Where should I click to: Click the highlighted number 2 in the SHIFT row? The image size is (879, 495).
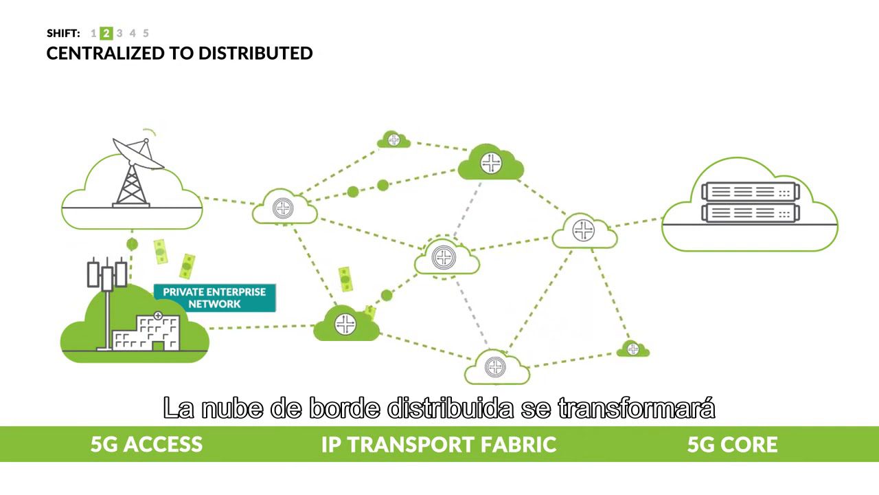[106, 33]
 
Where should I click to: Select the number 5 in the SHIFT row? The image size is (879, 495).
[146, 33]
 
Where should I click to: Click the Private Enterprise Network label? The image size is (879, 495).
[214, 298]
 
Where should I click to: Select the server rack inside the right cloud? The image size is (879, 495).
[750, 202]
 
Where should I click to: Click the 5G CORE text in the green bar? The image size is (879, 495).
[732, 444]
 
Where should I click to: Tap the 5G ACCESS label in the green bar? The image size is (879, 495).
[146, 444]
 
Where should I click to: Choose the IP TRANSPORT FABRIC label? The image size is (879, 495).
[438, 444]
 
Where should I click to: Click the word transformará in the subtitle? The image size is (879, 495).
[637, 408]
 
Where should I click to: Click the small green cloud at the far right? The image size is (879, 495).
[632, 350]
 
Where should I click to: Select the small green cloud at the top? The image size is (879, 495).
[393, 140]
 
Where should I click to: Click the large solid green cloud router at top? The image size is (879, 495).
[490, 163]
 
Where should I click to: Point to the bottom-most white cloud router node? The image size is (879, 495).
[496, 368]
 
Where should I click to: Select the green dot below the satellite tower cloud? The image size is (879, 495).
[133, 244]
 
